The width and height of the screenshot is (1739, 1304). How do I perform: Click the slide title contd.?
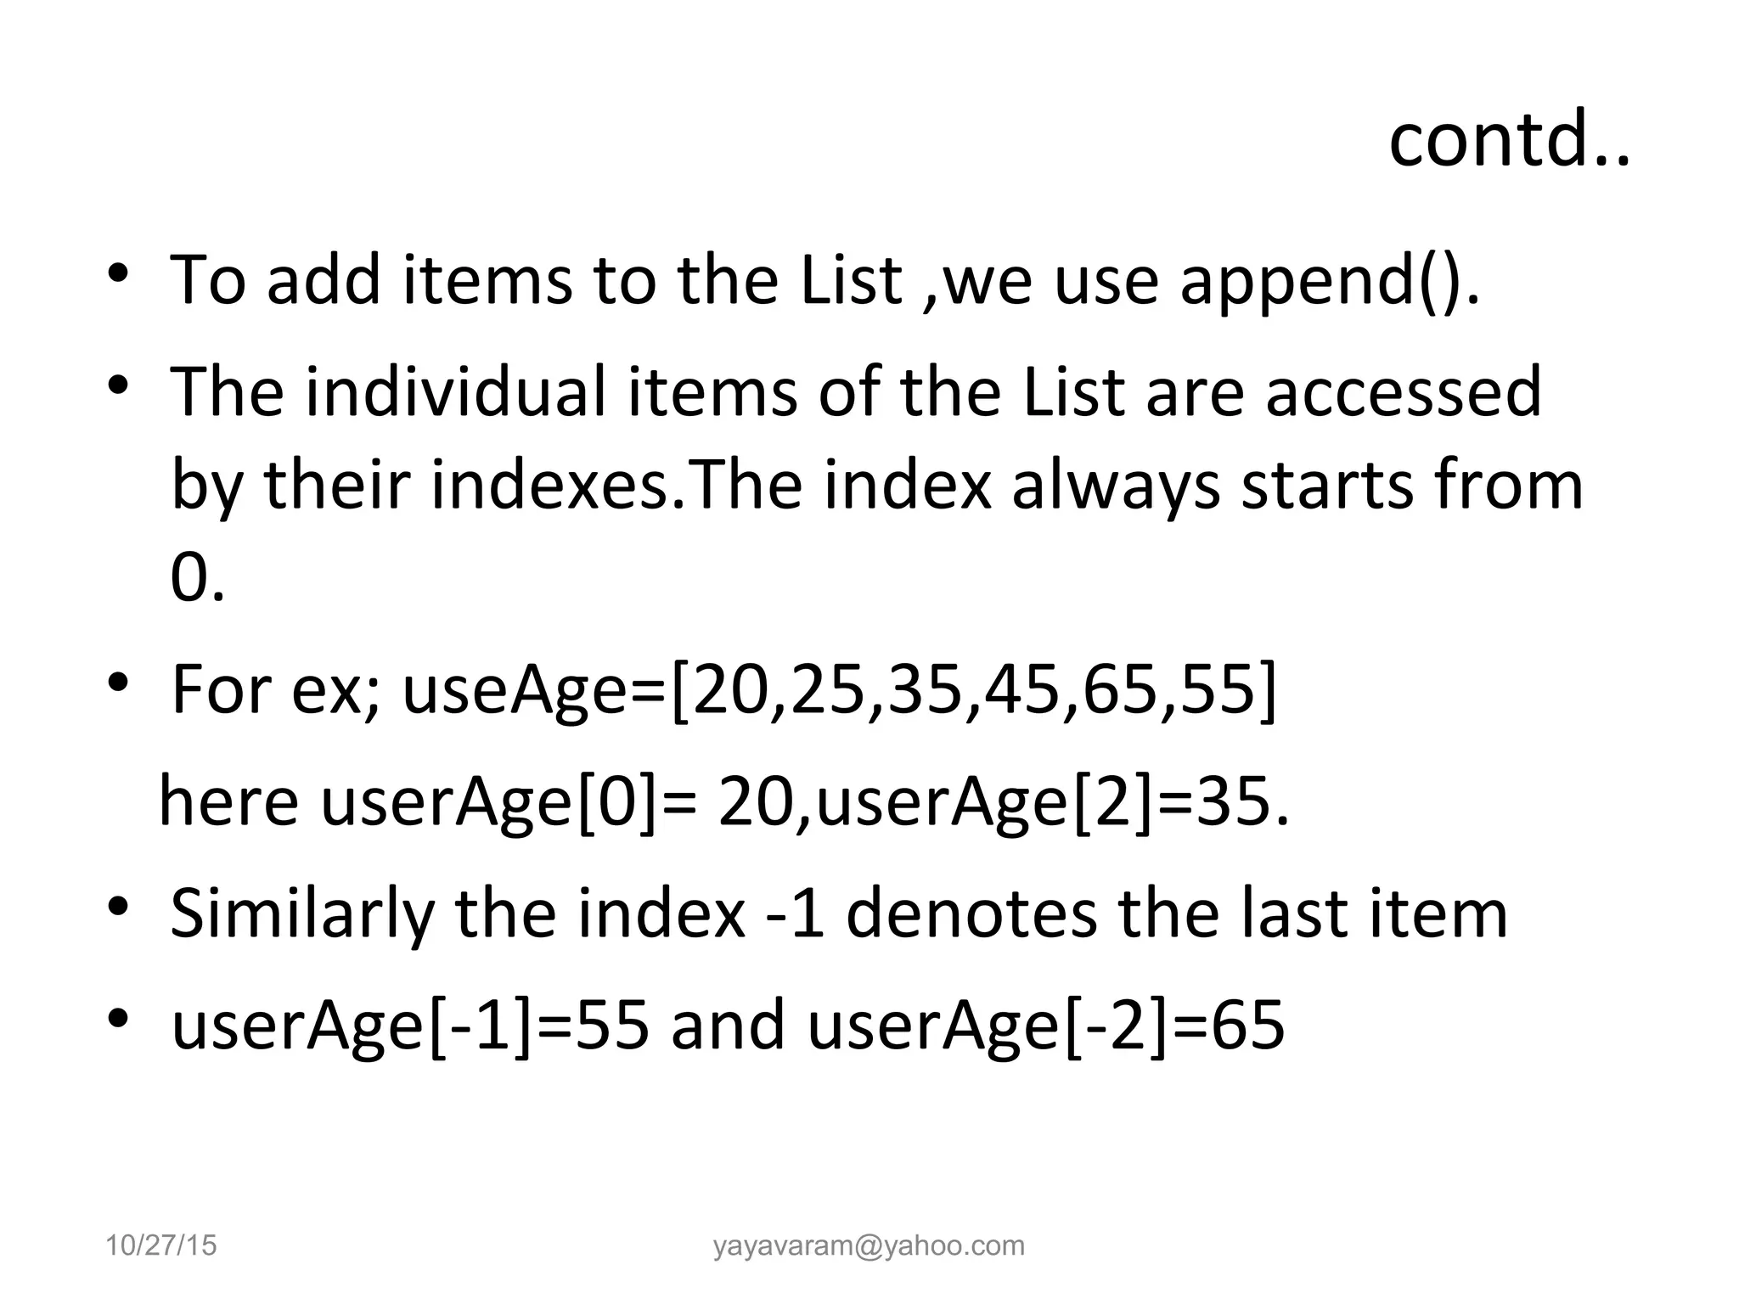[x=1508, y=139]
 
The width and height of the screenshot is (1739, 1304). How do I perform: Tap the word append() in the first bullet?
[x=1330, y=281]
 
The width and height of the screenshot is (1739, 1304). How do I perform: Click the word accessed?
[x=1403, y=391]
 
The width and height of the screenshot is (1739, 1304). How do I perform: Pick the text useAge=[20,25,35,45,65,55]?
[x=839, y=689]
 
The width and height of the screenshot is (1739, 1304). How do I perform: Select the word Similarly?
[x=301, y=915]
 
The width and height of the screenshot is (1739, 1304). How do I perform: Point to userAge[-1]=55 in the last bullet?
[x=410, y=1026]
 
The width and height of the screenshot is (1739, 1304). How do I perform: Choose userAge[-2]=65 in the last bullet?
[x=1045, y=1026]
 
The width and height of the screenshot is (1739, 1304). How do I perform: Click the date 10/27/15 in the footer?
[x=160, y=1245]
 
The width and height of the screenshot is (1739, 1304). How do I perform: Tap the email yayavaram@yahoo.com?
[x=869, y=1245]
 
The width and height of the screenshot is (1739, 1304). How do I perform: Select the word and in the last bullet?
[x=727, y=1026]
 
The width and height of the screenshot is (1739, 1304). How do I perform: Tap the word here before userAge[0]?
[x=228, y=802]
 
